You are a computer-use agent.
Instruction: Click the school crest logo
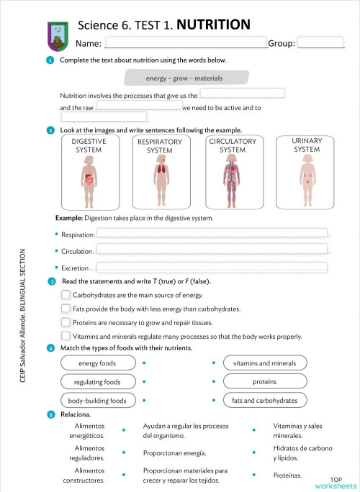pos(56,32)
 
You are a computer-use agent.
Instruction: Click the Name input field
pos(186,43)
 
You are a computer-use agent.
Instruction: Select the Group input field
pos(320,43)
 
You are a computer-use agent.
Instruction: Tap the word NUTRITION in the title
pos(213,25)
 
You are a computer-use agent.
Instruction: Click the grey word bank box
pos(186,78)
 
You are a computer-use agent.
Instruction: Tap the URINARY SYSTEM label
pos(307,145)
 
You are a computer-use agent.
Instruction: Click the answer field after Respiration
pos(212,232)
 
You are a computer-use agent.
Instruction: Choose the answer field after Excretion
pos(212,267)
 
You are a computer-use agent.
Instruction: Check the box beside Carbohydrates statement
pos(66,295)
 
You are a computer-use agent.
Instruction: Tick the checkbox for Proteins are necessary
pos(66,322)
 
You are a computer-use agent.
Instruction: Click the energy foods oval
pos(97,363)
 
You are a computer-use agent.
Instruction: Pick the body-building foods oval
pos(97,400)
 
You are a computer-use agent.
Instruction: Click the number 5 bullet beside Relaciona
pos(50,415)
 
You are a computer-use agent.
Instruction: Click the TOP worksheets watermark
pos(335,482)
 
